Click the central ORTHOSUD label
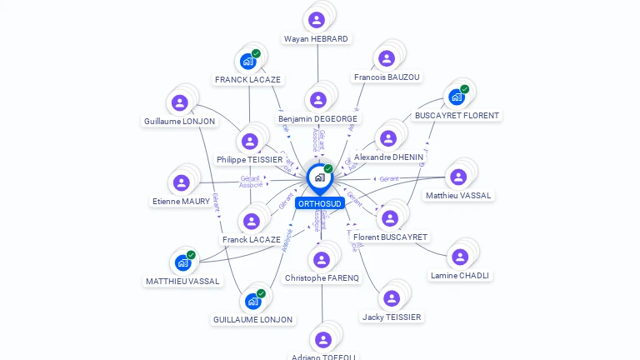[x=320, y=203]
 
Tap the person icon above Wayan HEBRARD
[x=316, y=20]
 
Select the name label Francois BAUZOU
[x=387, y=77]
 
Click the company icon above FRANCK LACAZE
[x=247, y=61]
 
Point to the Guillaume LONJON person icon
[x=179, y=103]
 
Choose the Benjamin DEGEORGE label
[x=317, y=118]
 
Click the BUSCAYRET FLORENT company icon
[x=456, y=97]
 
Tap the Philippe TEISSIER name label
[x=249, y=159]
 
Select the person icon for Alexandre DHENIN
[x=387, y=138]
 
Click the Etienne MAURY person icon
[x=181, y=182]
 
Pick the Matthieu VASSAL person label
[x=458, y=195]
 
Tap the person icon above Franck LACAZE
[x=251, y=221]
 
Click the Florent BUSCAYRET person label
[x=390, y=237]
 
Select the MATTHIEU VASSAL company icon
[x=182, y=262]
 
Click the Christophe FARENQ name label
[x=322, y=277]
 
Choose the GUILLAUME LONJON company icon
[x=252, y=301]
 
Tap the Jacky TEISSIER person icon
[x=391, y=298]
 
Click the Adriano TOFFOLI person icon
[x=322, y=339]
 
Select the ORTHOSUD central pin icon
[x=319, y=177]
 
